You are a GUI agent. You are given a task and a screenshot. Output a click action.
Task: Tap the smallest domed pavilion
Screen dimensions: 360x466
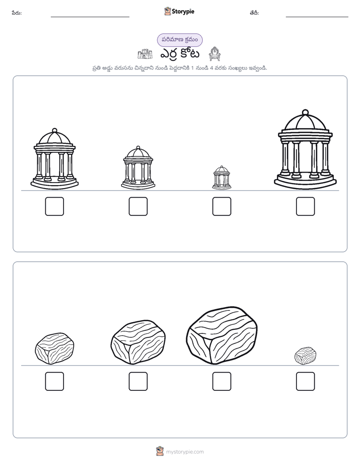221,178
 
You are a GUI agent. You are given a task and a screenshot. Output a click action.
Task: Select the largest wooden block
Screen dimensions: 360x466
221,335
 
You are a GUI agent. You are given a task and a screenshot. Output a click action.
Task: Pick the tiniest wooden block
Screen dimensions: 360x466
305,356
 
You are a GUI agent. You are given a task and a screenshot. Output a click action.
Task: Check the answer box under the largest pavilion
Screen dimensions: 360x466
306,206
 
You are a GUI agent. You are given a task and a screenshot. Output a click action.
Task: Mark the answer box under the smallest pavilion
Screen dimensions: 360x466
221,206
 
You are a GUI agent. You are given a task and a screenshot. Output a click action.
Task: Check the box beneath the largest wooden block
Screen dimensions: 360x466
221,381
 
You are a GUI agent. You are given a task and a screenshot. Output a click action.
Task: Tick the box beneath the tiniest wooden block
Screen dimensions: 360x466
306,381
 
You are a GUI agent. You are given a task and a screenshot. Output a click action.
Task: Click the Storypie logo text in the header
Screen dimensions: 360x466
183,12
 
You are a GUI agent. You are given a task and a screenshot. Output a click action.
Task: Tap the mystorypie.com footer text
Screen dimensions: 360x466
185,452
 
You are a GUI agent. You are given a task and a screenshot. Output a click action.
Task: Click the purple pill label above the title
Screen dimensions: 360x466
179,40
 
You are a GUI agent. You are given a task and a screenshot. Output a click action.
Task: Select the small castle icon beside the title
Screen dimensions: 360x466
145,54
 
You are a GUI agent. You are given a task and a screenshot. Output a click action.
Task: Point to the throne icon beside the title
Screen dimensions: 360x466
214,54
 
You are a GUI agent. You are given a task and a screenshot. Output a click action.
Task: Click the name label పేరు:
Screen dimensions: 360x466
17,13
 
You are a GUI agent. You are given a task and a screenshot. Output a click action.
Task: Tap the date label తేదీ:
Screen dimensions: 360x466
254,13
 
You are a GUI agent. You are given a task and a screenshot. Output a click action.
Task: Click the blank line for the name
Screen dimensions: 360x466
90,17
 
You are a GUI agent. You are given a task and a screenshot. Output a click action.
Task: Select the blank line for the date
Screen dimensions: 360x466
317,17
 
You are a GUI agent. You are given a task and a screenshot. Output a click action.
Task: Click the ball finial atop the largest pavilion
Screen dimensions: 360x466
305,112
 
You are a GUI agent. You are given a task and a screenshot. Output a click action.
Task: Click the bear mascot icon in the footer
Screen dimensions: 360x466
160,451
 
